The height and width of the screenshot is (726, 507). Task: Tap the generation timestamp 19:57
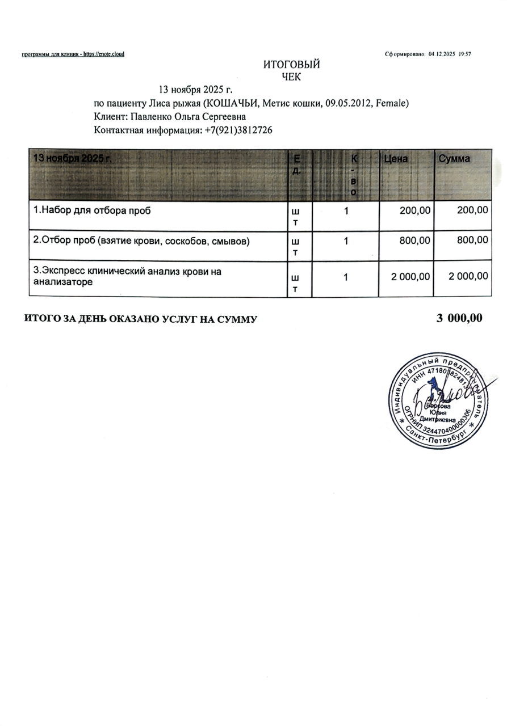(x=465, y=54)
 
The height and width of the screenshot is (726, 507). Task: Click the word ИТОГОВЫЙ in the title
(x=291, y=65)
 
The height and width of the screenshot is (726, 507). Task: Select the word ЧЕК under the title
(x=291, y=77)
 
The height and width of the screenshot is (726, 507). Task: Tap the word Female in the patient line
(x=392, y=103)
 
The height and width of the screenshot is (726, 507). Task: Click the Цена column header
(x=396, y=159)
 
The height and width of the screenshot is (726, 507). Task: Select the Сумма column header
(x=454, y=159)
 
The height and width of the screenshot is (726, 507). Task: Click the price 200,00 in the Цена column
(x=414, y=210)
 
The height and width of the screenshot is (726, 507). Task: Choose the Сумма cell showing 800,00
(x=472, y=240)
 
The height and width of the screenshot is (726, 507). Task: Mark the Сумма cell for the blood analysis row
(x=468, y=276)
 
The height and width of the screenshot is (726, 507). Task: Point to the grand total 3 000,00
(x=459, y=318)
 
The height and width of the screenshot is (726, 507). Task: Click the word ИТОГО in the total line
(x=42, y=319)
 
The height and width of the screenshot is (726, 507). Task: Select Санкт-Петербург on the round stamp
(x=437, y=437)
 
